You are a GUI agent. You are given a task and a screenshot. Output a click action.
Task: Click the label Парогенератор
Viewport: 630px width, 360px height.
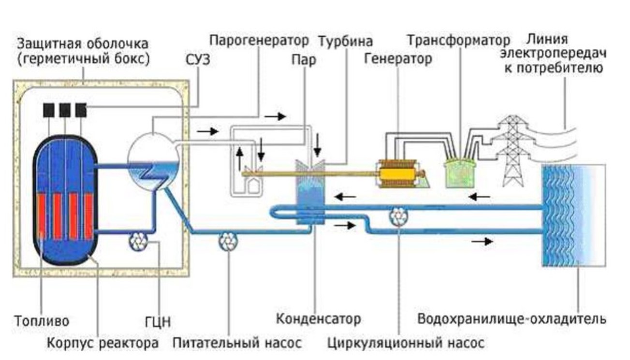[260, 40]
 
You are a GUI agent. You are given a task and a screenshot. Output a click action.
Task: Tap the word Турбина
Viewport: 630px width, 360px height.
[346, 41]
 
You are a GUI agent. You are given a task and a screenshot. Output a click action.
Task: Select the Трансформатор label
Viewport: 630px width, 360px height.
[458, 40]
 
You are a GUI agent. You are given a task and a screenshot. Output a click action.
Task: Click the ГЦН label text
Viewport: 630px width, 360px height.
[158, 321]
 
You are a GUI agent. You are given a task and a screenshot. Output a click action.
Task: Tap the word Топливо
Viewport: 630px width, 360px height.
[41, 321]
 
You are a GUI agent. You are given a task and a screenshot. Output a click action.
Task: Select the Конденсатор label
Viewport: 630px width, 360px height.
[318, 319]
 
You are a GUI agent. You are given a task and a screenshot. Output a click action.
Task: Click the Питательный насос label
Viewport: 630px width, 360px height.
[237, 343]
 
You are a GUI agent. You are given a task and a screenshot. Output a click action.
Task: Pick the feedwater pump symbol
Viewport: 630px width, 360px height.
[227, 240]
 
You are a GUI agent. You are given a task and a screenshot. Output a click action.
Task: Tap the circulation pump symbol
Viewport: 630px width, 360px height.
[399, 216]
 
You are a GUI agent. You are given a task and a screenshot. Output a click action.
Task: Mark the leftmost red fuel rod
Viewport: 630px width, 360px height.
[42, 216]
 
